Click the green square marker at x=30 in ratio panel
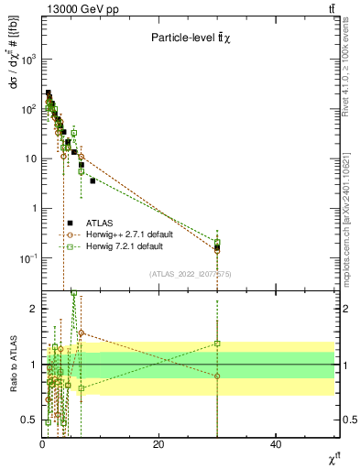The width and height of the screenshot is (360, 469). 217,344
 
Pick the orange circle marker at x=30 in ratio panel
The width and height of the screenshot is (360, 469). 217,376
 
